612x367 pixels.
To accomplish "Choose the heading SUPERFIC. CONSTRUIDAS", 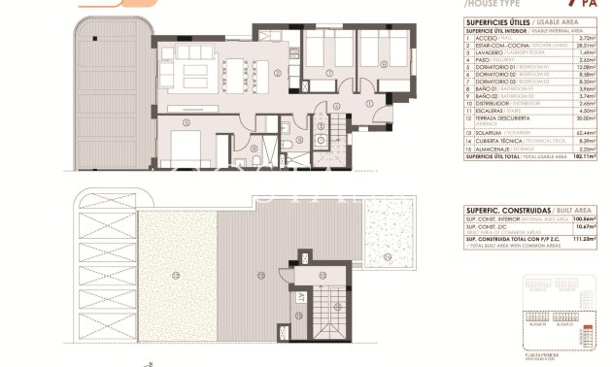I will [x=505, y=211].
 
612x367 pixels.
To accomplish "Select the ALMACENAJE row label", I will [x=490, y=148].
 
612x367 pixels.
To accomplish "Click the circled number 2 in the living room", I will [x=278, y=73].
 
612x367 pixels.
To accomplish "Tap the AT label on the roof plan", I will [x=301, y=297].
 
